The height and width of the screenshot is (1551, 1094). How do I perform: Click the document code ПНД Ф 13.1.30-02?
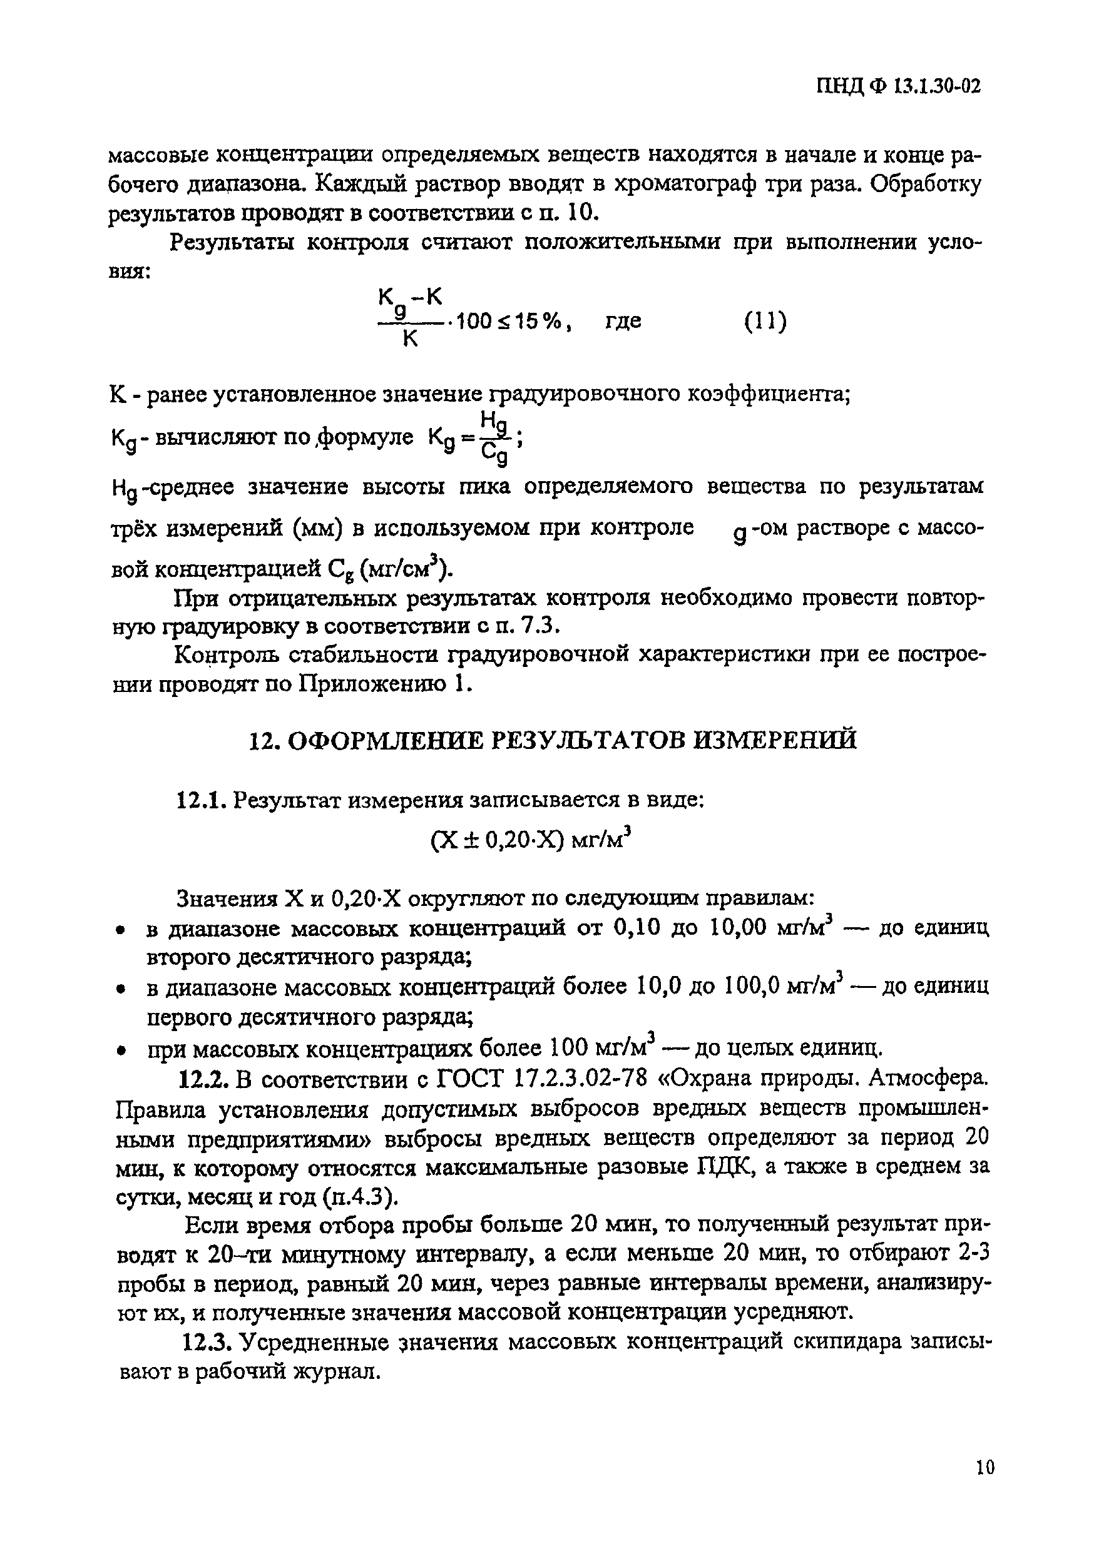[x=898, y=86]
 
